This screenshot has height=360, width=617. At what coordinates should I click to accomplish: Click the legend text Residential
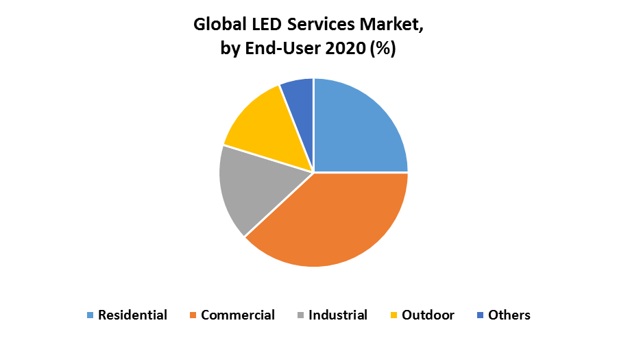tap(132, 315)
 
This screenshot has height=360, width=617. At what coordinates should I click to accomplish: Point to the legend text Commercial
tap(238, 315)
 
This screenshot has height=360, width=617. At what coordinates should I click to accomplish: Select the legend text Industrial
tap(338, 315)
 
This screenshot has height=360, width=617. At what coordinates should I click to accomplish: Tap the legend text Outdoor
tap(428, 315)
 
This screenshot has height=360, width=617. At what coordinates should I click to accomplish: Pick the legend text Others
tap(509, 315)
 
